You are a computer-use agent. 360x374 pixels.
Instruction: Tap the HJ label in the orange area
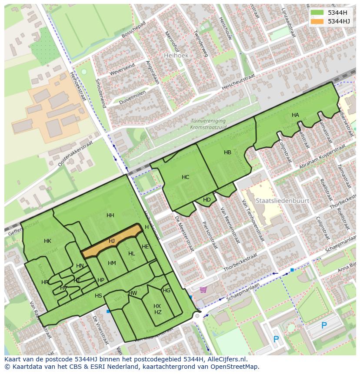(112, 241)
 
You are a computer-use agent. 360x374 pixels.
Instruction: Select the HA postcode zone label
(295, 115)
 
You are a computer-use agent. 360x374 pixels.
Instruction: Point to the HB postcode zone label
(227, 152)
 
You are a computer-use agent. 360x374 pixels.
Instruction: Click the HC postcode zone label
(185, 177)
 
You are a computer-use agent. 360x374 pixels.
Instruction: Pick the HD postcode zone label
(207, 200)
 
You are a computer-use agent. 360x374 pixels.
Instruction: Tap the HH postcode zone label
(110, 215)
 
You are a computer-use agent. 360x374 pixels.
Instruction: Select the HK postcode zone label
(47, 241)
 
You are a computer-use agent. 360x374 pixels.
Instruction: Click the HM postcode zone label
(112, 263)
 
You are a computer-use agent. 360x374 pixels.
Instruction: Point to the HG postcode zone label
(167, 291)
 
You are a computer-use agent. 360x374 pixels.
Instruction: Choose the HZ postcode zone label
(158, 312)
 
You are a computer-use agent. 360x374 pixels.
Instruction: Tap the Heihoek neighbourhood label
(175, 56)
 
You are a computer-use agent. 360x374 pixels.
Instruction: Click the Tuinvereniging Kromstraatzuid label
(208, 124)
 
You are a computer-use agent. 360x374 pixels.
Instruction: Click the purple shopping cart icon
(203, 289)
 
